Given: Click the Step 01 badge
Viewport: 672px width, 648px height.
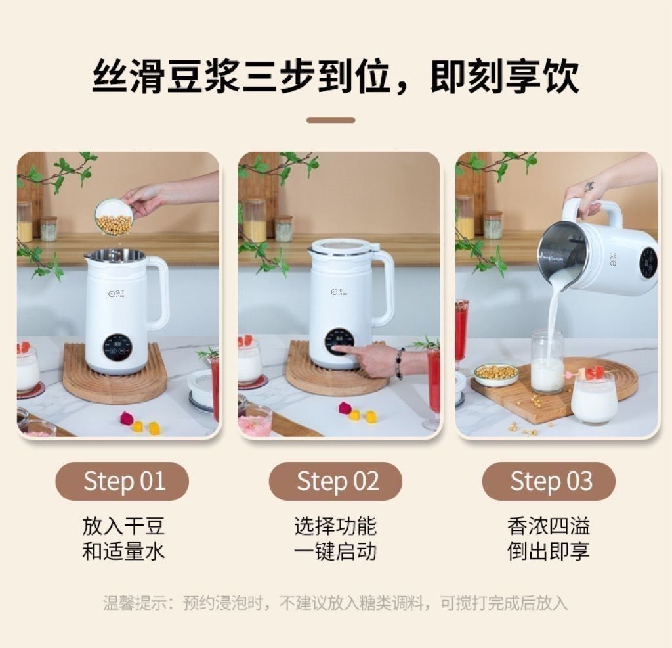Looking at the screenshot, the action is point(122,481).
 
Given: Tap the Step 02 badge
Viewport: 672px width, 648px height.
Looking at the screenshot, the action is point(335,481).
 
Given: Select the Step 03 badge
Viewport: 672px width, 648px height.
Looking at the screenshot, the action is point(549,481).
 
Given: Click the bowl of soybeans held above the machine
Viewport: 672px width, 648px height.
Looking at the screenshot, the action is point(114,217).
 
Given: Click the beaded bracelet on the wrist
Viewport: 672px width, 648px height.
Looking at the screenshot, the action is point(400,363).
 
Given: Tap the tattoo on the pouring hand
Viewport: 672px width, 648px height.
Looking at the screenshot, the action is point(590,186).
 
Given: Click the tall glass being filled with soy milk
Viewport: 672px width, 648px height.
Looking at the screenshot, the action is point(547,361).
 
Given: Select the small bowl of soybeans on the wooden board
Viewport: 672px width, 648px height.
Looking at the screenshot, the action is point(496,374).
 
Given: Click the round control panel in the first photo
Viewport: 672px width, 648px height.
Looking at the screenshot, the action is point(117,346).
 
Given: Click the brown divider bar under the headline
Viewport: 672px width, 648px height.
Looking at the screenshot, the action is point(331,120).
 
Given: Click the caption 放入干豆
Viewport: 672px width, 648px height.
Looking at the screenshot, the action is point(123,526).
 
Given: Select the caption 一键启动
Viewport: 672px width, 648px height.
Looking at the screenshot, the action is point(335,551).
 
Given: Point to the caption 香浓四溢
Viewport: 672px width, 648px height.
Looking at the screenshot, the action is point(549,526).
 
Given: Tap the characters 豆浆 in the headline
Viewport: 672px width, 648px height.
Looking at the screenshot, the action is point(203,76).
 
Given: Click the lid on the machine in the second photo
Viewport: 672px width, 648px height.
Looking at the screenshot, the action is point(343,246).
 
